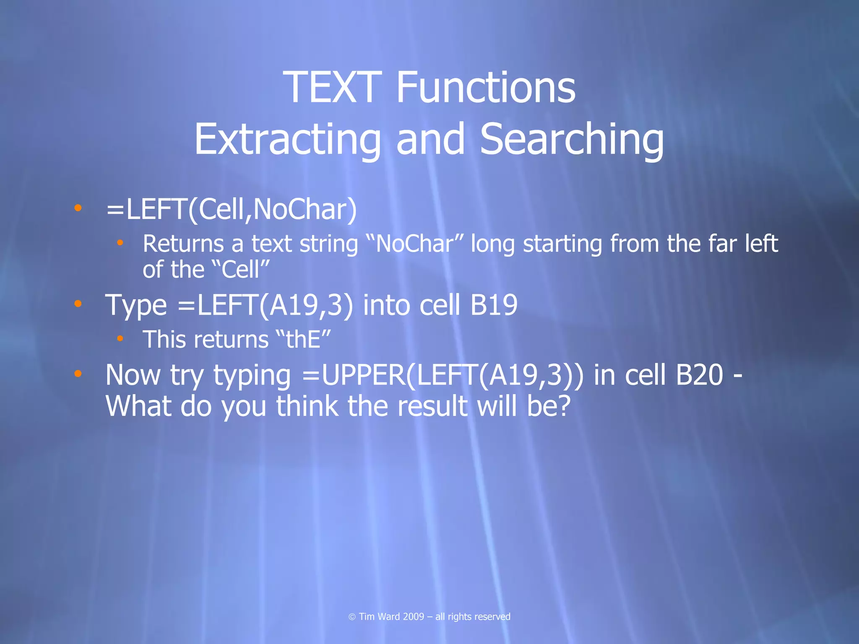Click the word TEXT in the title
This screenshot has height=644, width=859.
point(332,87)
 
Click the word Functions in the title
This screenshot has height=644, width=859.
point(485,87)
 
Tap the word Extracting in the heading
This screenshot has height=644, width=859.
point(287,139)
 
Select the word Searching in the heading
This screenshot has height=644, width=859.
point(572,139)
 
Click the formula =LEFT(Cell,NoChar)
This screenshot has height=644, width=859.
point(232,209)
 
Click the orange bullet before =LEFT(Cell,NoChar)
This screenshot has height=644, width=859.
point(78,207)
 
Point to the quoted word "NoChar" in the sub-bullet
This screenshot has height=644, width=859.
point(414,244)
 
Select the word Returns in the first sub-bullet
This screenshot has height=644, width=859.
point(183,244)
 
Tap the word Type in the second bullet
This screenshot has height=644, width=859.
point(136,305)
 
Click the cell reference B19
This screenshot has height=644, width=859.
point(494,305)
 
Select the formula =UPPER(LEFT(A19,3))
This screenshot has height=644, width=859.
point(443,375)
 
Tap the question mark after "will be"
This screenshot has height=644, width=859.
point(563,406)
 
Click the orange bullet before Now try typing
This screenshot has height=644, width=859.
point(78,373)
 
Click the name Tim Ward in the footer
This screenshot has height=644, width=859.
point(379,617)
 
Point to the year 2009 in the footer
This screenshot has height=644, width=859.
point(413,617)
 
